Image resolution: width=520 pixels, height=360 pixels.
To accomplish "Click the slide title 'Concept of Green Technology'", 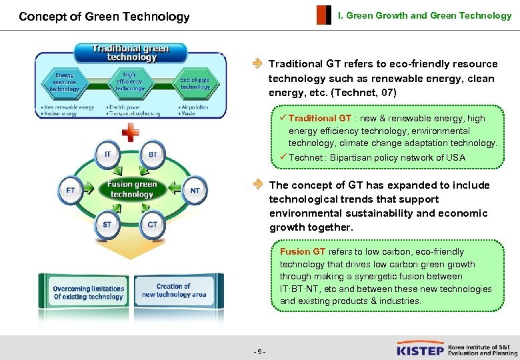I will point(104,17).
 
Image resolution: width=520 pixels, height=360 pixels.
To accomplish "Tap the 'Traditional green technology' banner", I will point(131,53).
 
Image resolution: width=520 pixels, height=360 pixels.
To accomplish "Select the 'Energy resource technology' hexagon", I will point(65,82).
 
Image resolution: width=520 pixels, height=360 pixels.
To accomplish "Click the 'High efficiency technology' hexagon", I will point(130,81).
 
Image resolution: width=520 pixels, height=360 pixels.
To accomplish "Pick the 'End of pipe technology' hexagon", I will point(195,83).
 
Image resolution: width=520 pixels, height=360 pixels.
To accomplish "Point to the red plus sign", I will point(130,133).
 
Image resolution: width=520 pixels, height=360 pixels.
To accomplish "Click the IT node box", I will point(107,155).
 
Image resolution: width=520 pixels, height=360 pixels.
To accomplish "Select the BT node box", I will point(153,155).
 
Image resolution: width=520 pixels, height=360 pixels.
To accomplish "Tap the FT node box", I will point(70,190).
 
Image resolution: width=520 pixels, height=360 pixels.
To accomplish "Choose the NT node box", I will point(194,190).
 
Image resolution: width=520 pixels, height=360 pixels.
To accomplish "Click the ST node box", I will point(107,225).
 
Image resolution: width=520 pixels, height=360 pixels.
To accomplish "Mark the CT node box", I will point(153,225).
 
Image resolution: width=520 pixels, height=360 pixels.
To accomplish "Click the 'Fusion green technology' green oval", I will point(132,189).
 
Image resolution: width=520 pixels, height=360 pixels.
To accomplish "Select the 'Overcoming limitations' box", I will point(88,293).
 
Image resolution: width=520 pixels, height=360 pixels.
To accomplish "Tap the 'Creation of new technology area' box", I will point(174,290).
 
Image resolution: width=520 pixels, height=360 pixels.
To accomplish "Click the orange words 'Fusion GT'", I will point(303,252).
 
